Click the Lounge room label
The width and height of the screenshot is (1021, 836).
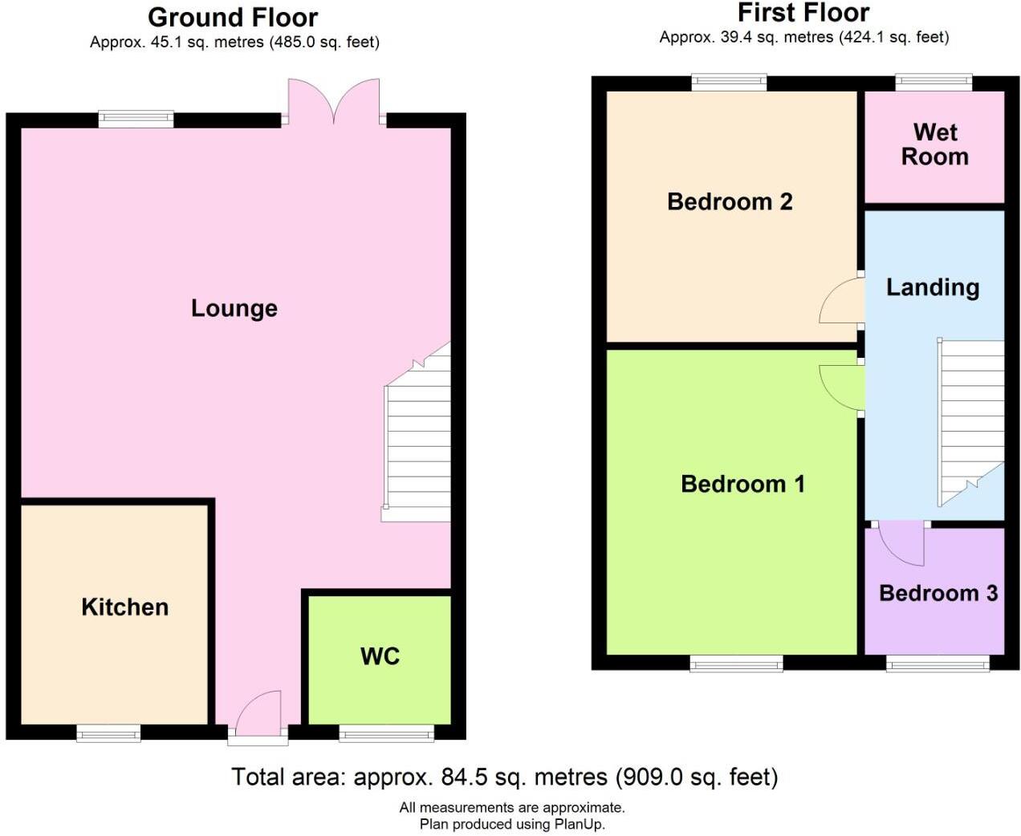[234, 308]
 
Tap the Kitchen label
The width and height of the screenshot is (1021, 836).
[124, 607]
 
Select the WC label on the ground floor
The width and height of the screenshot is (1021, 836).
[380, 655]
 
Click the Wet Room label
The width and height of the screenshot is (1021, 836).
[934, 144]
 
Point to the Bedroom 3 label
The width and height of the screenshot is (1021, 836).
[938, 593]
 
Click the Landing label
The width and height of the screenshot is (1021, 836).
[932, 287]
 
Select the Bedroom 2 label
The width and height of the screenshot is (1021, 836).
[729, 201]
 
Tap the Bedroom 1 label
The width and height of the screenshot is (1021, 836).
[742, 484]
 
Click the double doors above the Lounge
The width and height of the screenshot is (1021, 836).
[334, 102]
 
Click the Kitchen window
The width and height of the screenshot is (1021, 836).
[108, 733]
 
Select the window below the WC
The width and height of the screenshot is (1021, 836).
[386, 733]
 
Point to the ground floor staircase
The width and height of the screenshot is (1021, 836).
[417, 437]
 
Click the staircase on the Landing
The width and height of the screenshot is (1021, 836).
[970, 421]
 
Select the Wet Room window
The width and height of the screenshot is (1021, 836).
[934, 81]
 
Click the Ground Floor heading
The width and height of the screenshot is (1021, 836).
[233, 17]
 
